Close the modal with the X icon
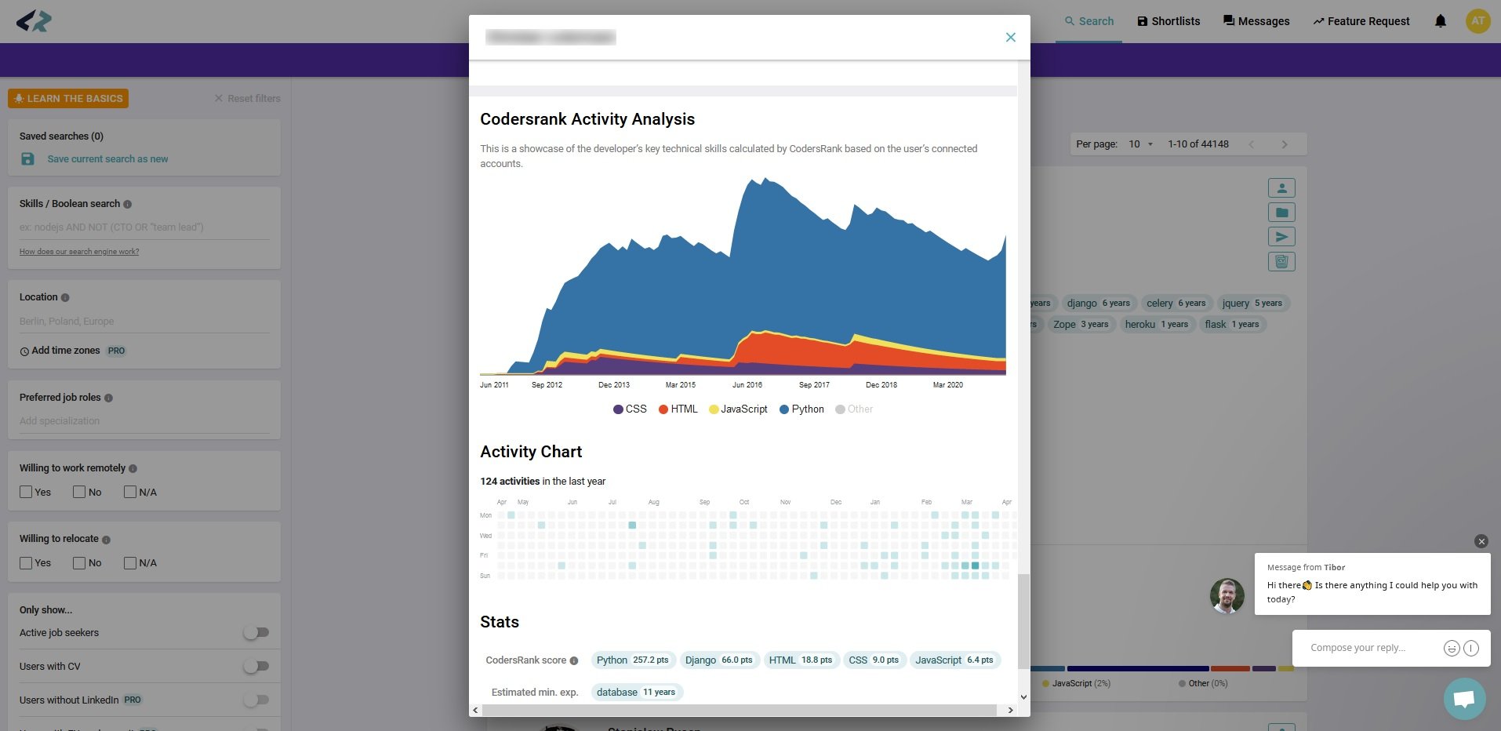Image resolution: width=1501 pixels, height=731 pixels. [1010, 37]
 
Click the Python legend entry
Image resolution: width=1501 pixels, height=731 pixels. [801, 409]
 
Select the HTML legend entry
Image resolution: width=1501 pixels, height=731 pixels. [678, 409]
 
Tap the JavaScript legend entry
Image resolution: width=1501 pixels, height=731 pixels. [738, 409]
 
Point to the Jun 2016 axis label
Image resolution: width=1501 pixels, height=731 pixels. [747, 385]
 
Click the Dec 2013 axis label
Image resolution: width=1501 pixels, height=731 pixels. [613, 385]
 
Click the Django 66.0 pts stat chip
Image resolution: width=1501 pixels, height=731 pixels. [718, 660]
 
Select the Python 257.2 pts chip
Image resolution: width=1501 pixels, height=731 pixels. [632, 660]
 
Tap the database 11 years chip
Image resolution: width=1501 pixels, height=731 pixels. [635, 693]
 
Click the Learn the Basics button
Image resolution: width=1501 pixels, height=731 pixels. [68, 99]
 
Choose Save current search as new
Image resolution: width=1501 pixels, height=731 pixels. [107, 159]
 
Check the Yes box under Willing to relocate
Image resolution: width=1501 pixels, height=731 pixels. [26, 563]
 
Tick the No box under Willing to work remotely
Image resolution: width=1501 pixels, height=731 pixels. [79, 493]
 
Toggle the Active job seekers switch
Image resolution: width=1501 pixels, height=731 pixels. [256, 633]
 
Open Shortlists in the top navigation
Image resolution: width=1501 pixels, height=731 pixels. [1168, 21]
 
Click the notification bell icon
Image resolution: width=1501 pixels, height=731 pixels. [1440, 21]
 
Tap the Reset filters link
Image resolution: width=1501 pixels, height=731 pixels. [247, 99]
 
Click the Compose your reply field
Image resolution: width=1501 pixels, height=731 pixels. [1365, 648]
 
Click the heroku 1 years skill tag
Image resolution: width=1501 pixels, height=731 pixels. [1156, 325]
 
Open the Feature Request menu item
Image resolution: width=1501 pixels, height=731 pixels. [1361, 21]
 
